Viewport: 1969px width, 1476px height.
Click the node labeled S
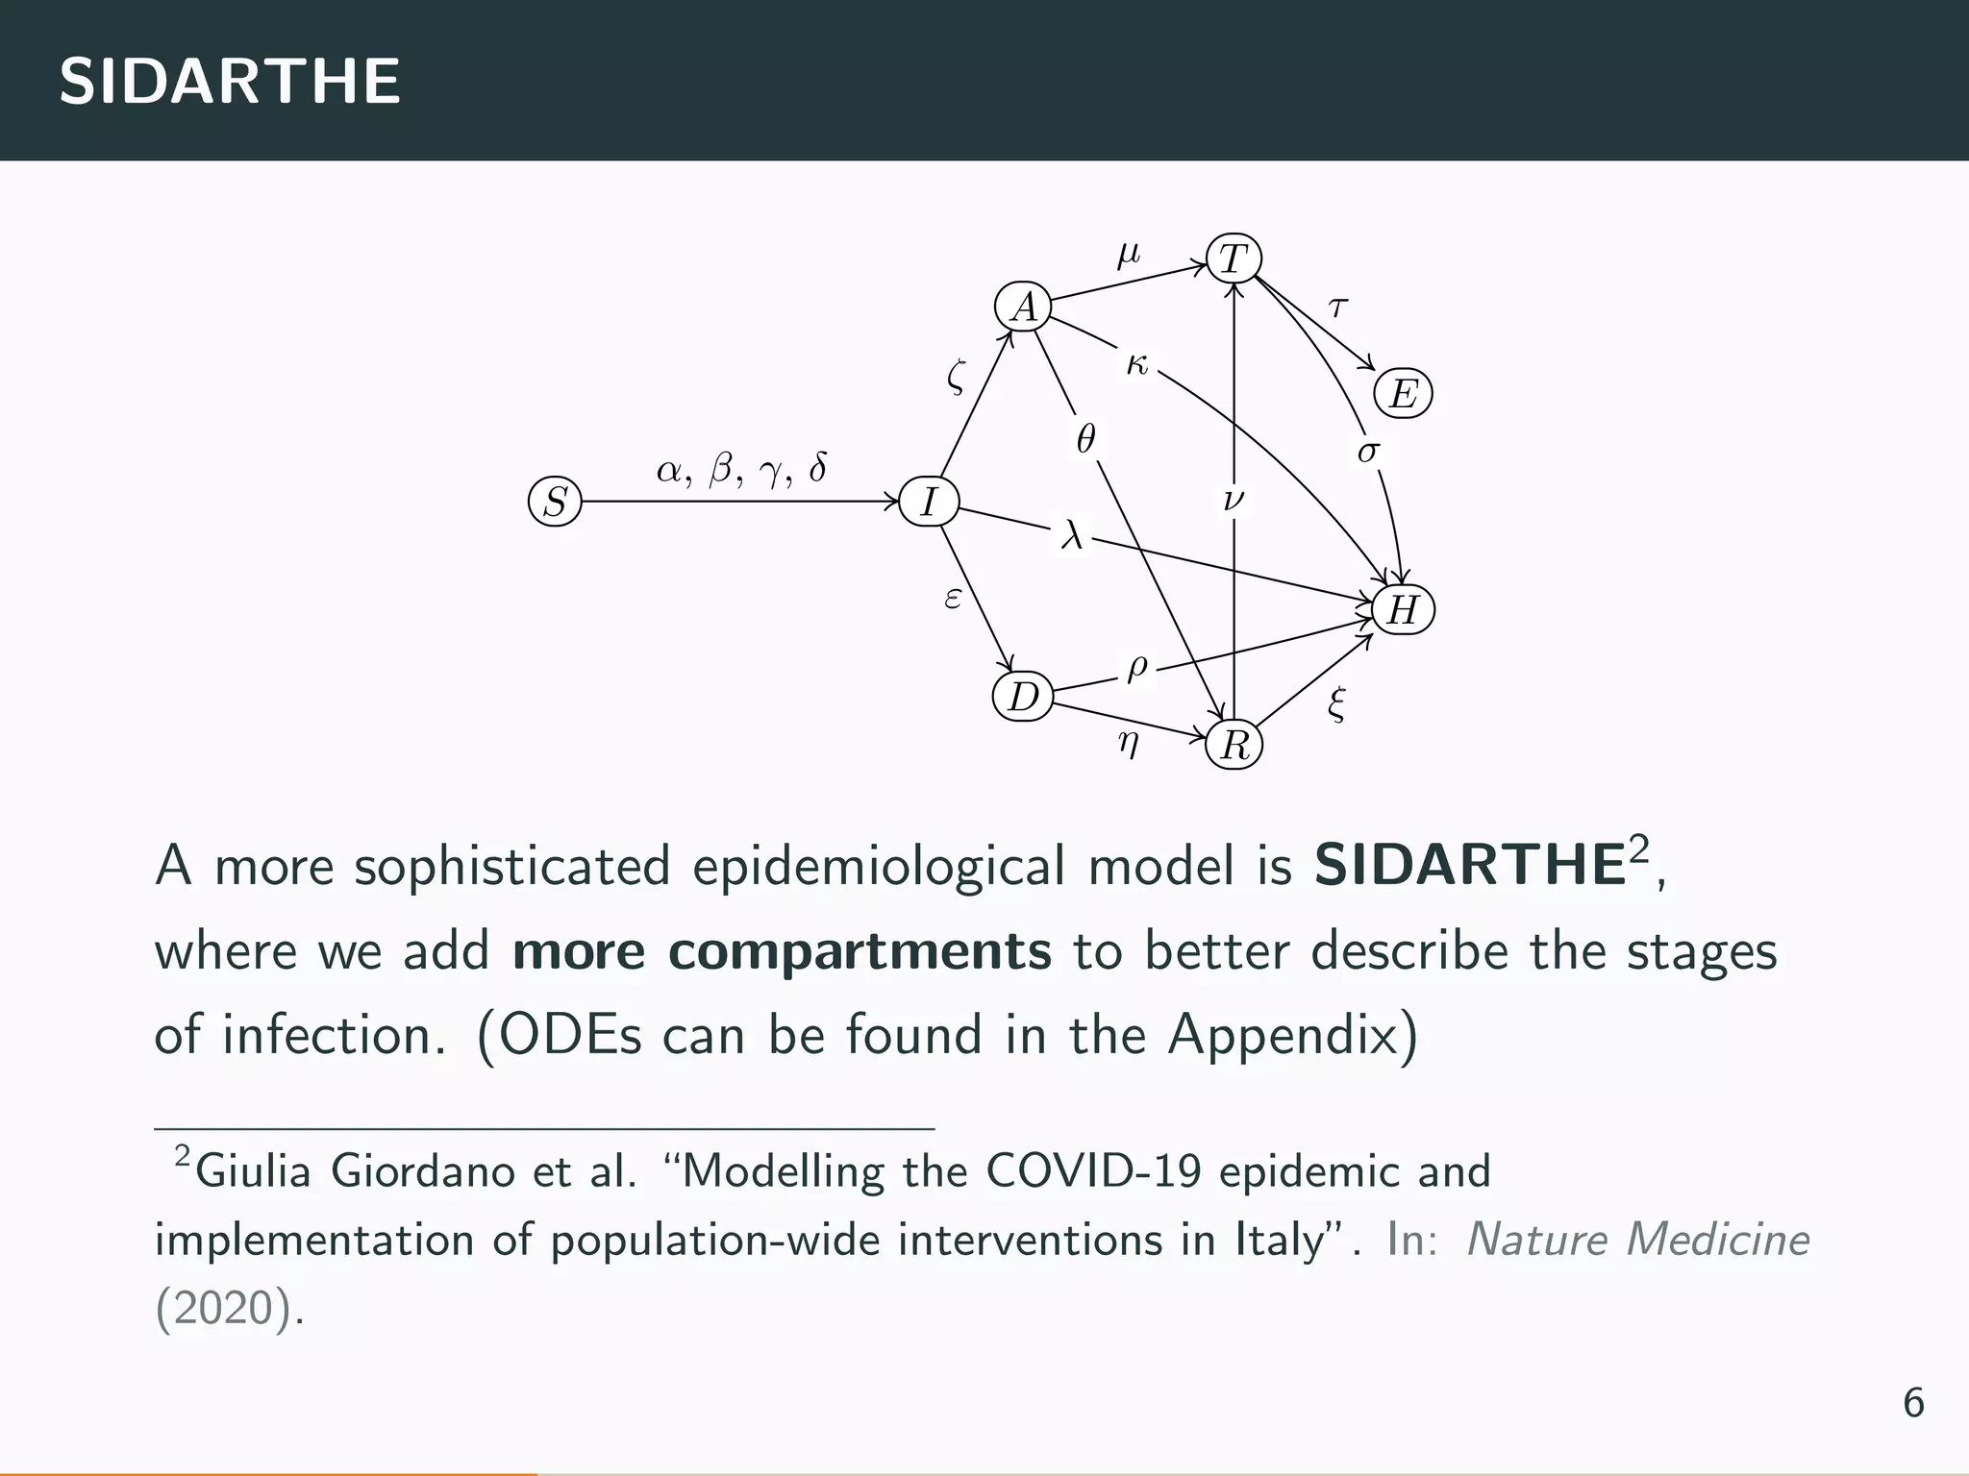(555, 502)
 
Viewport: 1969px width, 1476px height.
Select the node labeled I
(929, 502)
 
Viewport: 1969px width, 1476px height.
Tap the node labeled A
(1024, 307)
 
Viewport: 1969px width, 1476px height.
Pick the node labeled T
(1234, 258)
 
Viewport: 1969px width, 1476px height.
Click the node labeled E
(1403, 394)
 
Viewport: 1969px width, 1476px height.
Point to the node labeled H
(1403, 610)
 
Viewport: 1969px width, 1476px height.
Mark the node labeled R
(1234, 745)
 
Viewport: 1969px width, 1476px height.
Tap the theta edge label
(1085, 440)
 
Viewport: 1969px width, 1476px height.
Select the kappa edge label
(1136, 364)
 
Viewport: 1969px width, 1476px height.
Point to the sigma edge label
(1367, 450)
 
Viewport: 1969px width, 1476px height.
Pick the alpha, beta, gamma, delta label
(740, 470)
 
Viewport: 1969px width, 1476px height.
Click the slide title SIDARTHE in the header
(230, 81)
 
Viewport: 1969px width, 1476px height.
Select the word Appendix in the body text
(1291, 1036)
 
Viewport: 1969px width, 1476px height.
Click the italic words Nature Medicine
(1637, 1240)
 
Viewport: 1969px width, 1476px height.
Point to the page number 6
(1913, 1404)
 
